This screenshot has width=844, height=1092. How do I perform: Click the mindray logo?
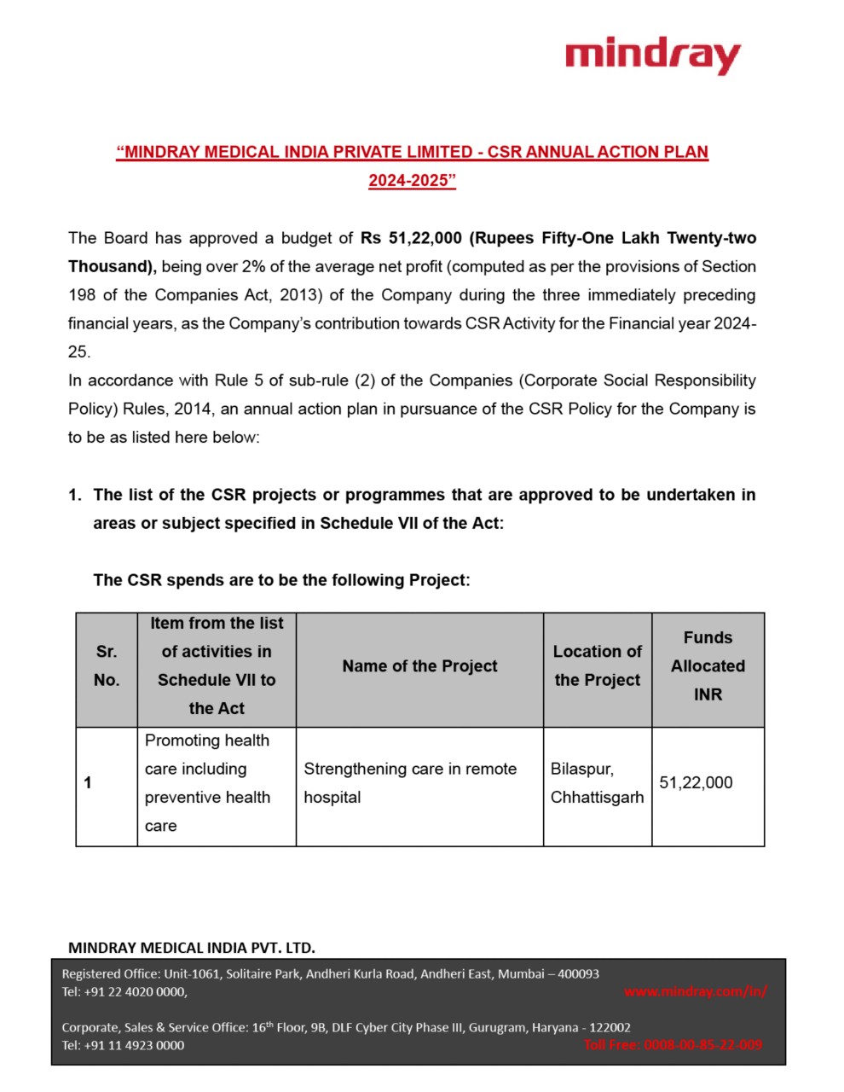click(x=652, y=55)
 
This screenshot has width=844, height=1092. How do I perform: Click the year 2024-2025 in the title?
click(x=412, y=181)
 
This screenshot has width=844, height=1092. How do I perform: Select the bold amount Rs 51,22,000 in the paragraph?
click(x=411, y=238)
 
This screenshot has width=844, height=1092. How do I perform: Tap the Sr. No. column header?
click(x=107, y=666)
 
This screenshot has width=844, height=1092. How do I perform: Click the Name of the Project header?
click(x=419, y=666)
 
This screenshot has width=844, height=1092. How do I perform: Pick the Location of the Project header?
click(x=597, y=666)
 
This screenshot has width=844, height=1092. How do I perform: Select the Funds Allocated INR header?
click(x=708, y=666)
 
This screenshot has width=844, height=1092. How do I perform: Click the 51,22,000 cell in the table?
click(x=696, y=783)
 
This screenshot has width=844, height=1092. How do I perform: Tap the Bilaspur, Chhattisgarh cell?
click(x=597, y=783)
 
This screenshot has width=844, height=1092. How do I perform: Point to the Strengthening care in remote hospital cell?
click(x=410, y=783)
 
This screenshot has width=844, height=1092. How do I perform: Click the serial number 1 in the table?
click(x=88, y=783)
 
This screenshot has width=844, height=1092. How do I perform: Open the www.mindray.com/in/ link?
click(x=695, y=991)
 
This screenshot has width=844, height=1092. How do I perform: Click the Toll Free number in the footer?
click(x=673, y=1045)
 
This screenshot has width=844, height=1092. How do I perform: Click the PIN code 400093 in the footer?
click(x=578, y=973)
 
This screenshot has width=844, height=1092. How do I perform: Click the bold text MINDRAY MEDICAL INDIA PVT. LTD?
click(x=192, y=948)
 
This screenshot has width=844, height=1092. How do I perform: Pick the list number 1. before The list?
click(x=75, y=495)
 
